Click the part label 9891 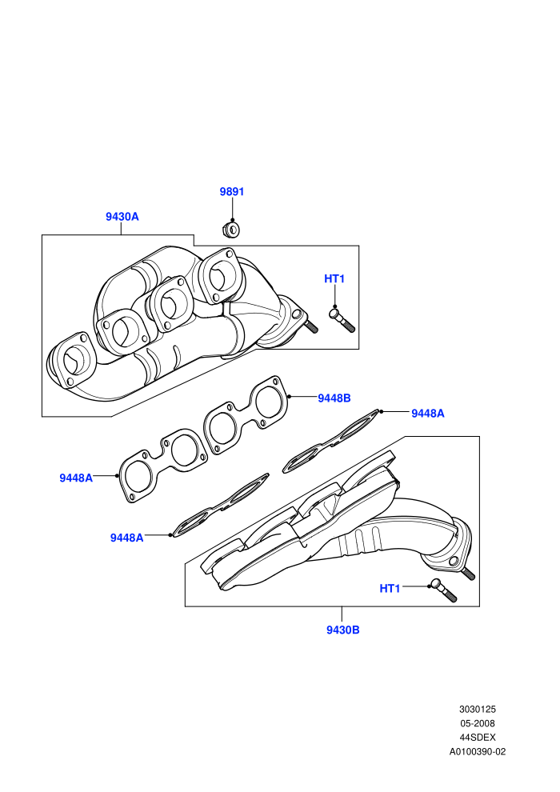point(232,192)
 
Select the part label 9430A point(122,217)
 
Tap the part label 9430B point(343,630)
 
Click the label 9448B point(334,398)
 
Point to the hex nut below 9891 point(230,230)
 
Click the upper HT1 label point(334,279)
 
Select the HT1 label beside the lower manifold point(390,589)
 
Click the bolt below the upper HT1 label point(342,321)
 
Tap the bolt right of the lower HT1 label point(443,590)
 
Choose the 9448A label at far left point(76,478)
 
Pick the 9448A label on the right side point(428,414)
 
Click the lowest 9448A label point(126,538)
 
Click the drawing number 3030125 point(478,709)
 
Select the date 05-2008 point(478,723)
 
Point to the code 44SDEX point(478,738)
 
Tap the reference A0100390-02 point(478,751)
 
